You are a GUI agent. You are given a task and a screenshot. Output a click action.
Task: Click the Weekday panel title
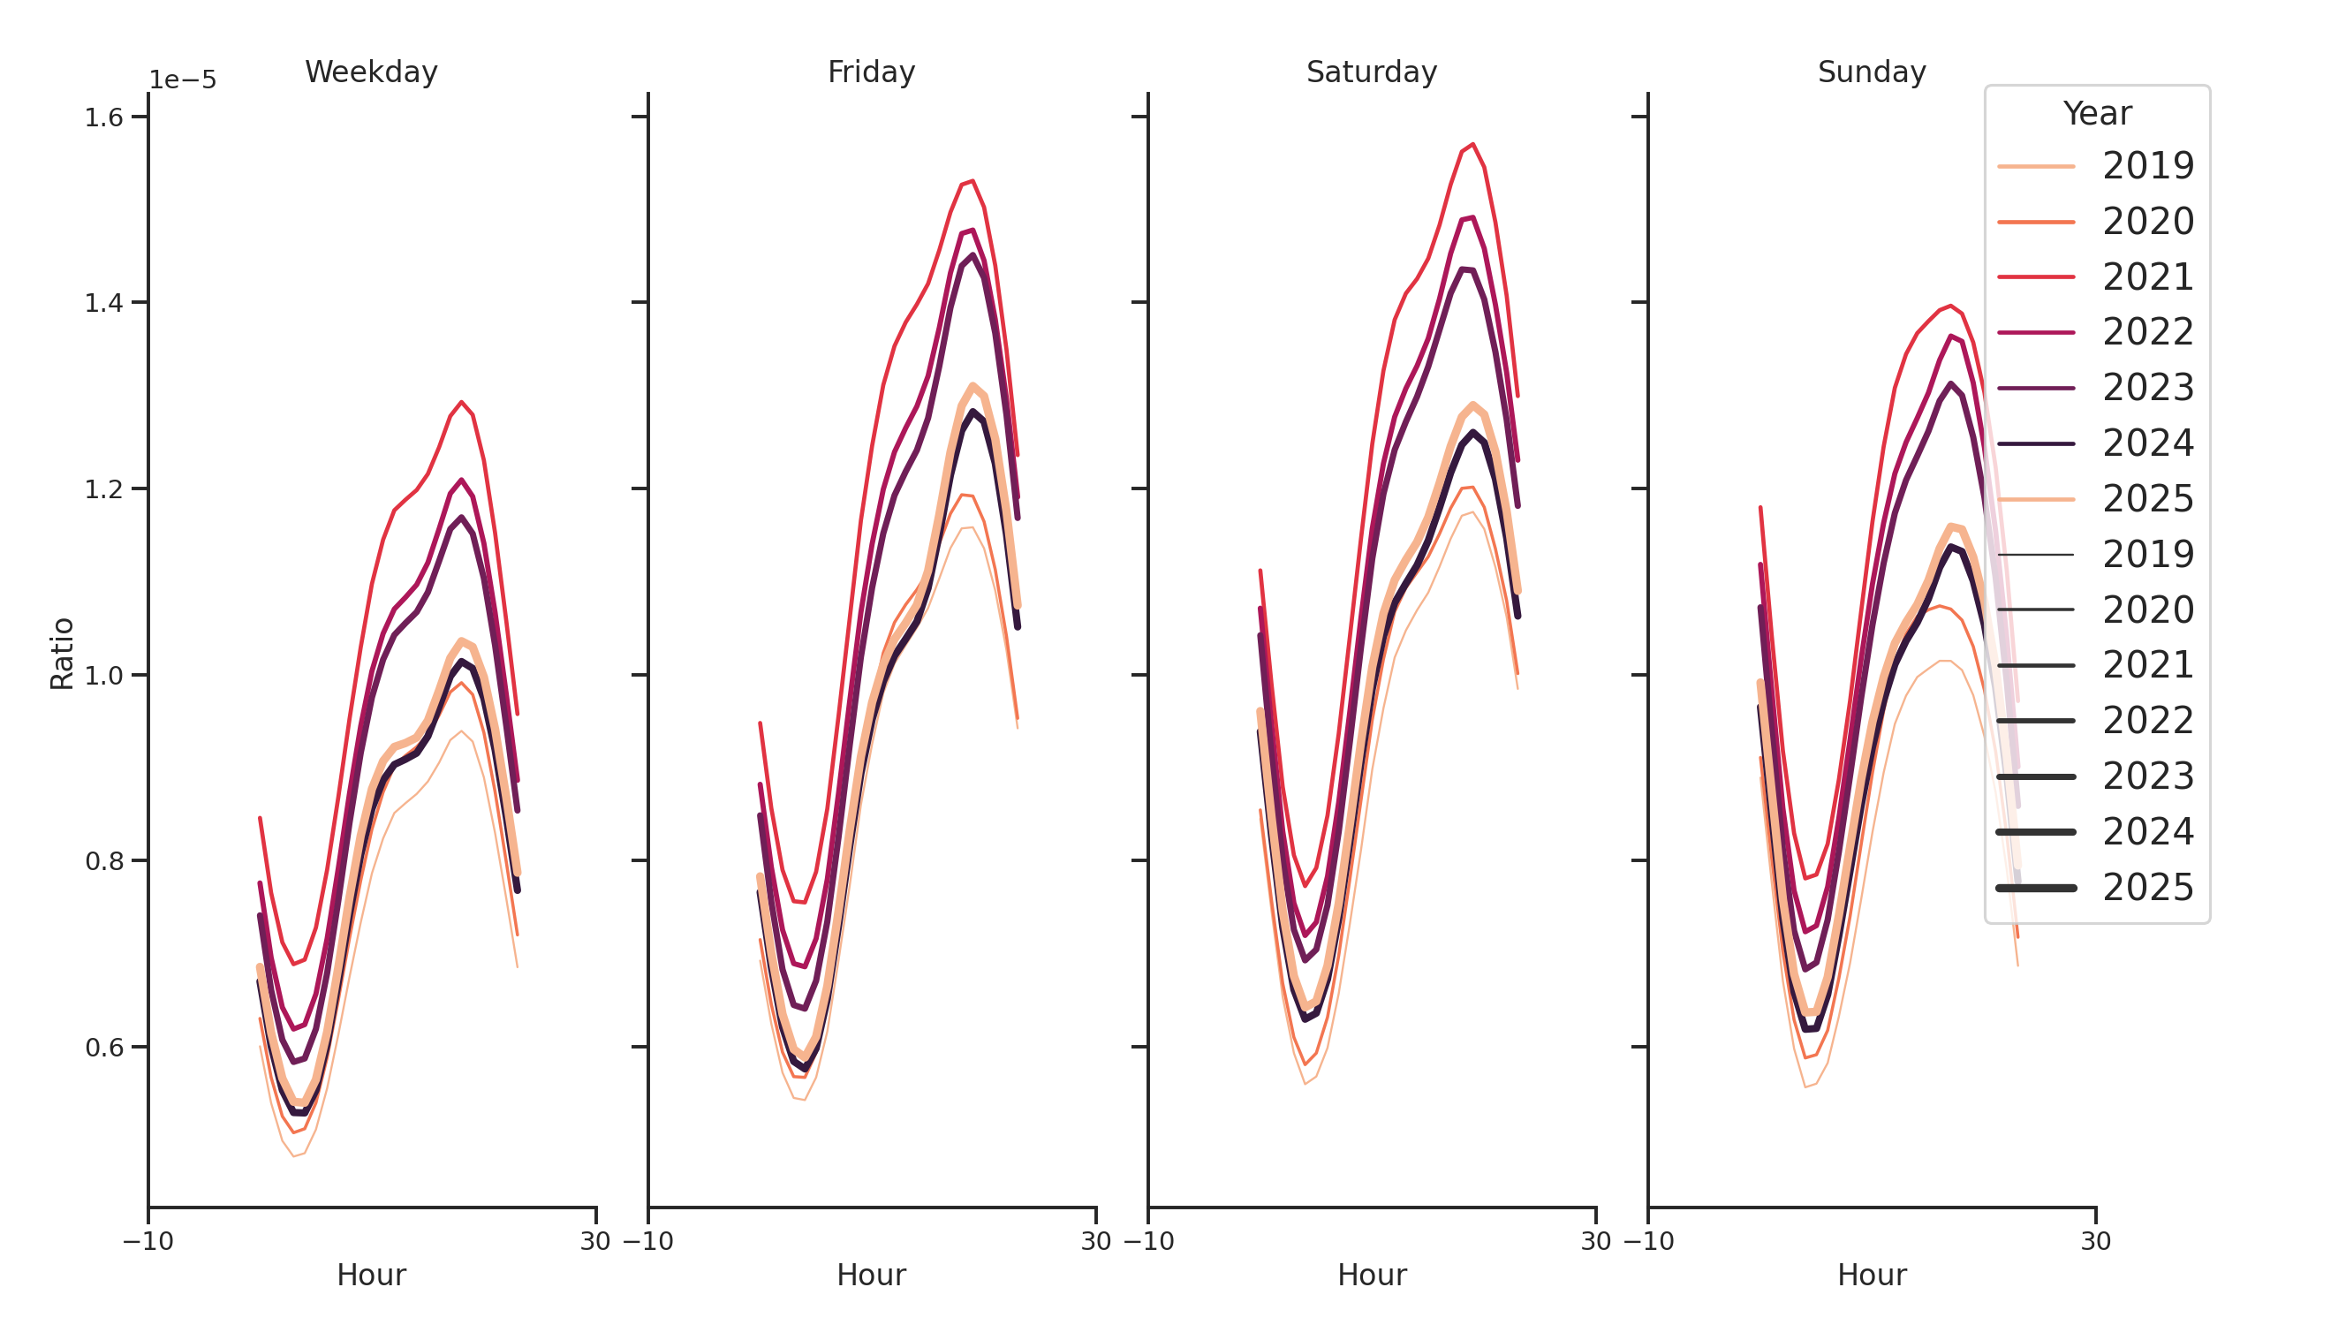(x=371, y=72)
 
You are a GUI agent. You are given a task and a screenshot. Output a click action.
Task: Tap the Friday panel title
(x=871, y=72)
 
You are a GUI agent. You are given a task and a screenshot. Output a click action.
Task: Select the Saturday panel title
(x=1371, y=72)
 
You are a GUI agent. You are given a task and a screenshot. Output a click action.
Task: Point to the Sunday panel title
(x=1871, y=72)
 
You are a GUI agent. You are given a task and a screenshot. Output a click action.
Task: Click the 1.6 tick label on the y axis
(x=104, y=117)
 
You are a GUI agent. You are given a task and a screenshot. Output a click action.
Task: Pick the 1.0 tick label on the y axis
(x=104, y=676)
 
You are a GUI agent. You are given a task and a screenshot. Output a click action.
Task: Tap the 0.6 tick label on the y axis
(x=104, y=1048)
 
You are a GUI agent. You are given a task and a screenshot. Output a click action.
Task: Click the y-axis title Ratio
(x=62, y=653)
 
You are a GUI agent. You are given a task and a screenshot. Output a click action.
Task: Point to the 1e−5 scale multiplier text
(x=183, y=80)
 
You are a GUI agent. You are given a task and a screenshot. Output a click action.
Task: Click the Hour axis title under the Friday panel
(x=871, y=1275)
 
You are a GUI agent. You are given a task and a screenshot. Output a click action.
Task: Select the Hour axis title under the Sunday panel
(x=1871, y=1275)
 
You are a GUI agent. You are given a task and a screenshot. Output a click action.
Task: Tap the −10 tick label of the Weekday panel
(x=148, y=1241)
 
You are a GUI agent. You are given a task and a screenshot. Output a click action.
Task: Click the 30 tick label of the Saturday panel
(x=1595, y=1241)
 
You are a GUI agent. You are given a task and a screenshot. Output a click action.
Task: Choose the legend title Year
(x=2096, y=114)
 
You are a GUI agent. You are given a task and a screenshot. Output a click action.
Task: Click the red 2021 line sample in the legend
(x=2035, y=276)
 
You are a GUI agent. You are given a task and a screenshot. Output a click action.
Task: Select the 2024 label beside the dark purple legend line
(x=2147, y=443)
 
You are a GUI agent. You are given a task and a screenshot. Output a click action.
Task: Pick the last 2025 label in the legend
(x=2147, y=888)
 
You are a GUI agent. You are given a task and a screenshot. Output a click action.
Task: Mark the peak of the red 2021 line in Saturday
(x=1472, y=144)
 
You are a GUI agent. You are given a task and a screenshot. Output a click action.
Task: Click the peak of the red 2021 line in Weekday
(x=462, y=402)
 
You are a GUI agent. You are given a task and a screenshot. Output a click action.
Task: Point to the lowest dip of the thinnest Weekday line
(x=293, y=1156)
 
